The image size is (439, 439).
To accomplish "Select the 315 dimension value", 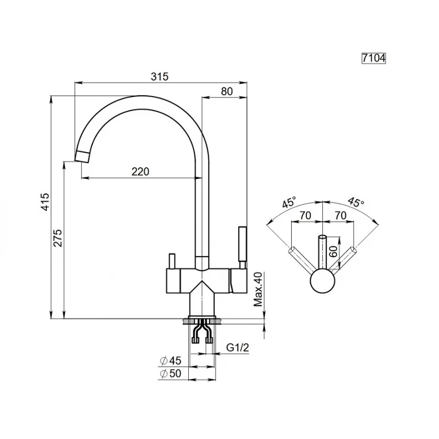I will click(160, 76).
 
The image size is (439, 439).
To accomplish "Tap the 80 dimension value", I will click(227, 91).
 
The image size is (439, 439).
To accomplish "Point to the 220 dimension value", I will click(140, 171).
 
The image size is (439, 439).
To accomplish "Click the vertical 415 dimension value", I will click(45, 201).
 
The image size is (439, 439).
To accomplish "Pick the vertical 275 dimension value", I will click(58, 238).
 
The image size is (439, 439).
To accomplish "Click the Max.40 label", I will click(259, 289).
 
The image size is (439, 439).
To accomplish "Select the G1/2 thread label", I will click(238, 348).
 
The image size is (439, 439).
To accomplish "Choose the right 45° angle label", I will click(356, 202).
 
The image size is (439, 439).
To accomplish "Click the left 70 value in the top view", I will click(305, 215).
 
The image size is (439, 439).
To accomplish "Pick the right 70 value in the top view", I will click(340, 215).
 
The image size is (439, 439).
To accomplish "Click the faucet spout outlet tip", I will click(82, 157).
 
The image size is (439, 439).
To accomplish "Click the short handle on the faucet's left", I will click(171, 261).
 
